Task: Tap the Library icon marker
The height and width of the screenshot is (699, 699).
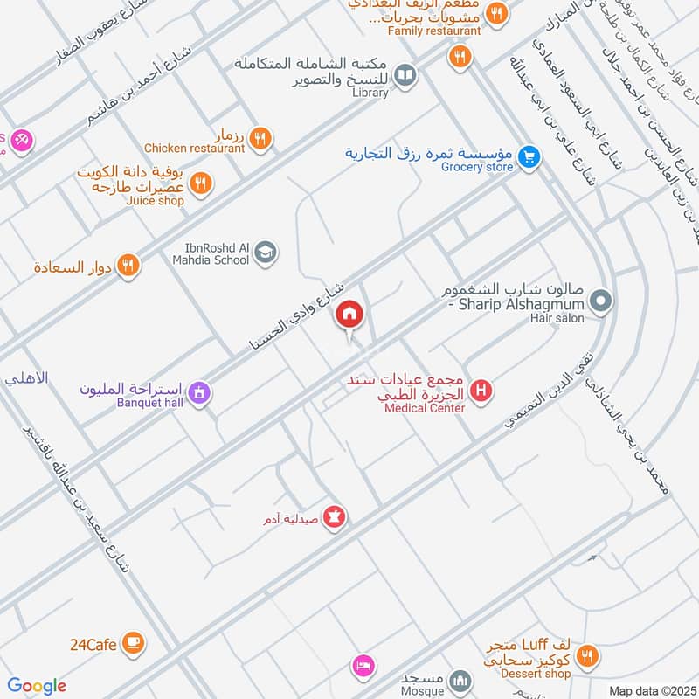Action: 405,76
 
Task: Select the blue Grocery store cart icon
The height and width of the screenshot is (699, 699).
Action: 528,157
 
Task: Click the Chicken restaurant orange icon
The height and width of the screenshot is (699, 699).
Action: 260,138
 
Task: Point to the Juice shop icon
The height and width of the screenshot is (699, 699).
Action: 201,183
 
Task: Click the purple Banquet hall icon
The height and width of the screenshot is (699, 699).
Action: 200,394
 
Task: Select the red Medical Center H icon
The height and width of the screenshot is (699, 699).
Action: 480,391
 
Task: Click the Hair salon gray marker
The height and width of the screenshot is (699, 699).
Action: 600,303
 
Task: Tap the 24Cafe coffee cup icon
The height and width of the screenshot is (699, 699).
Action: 133,644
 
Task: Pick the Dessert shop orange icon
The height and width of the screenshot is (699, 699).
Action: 588,655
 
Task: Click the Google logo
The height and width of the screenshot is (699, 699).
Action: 37,686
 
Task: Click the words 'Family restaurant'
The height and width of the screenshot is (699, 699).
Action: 434,31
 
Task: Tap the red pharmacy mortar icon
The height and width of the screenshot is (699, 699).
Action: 334,518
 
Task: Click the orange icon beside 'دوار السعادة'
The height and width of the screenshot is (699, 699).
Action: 129,266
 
